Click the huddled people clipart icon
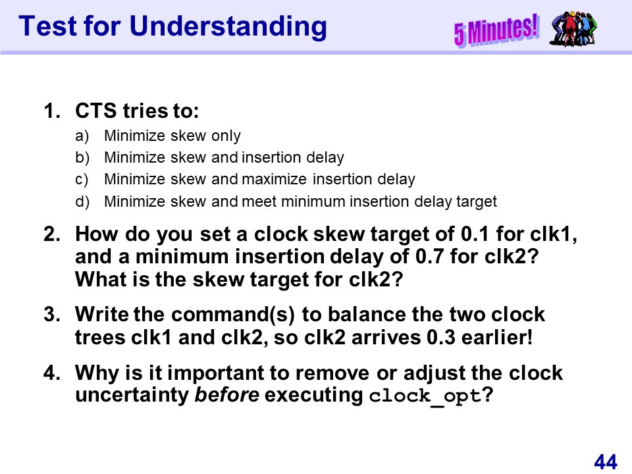(573, 28)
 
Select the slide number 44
(606, 462)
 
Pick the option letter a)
(82, 136)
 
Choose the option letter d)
(82, 201)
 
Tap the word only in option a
(226, 136)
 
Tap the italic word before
(226, 395)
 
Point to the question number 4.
(51, 373)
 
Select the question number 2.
(51, 234)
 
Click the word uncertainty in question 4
(132, 396)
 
